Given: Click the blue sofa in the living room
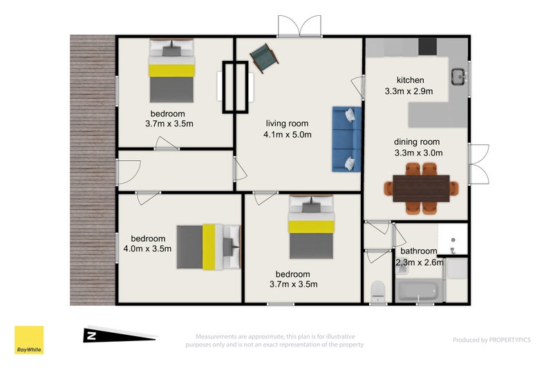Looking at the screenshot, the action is click(347, 139).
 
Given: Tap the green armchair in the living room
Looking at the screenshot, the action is click(264, 58).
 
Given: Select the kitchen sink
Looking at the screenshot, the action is click(459, 77).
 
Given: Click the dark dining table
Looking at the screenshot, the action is click(421, 188).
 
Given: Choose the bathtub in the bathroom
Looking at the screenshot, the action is click(419, 290).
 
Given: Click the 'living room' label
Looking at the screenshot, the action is click(287, 124).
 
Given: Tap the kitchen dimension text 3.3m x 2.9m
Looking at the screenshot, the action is click(409, 91).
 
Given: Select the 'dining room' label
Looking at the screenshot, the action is click(417, 142).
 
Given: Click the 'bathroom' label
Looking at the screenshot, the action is click(419, 251).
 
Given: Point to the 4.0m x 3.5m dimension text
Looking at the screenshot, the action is click(147, 249).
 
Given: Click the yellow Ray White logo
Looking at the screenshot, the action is click(29, 340).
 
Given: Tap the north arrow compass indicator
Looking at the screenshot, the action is click(120, 335).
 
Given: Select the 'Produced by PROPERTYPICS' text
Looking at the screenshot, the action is click(491, 340).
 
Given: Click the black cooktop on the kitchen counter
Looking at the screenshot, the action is click(427, 46).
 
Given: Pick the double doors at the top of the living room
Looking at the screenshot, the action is click(299, 26).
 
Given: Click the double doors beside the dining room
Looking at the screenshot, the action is click(478, 164).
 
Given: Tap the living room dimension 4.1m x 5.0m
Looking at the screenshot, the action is click(288, 135).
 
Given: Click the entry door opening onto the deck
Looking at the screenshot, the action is click(129, 172).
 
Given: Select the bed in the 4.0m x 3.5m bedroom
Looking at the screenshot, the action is click(209, 247).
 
